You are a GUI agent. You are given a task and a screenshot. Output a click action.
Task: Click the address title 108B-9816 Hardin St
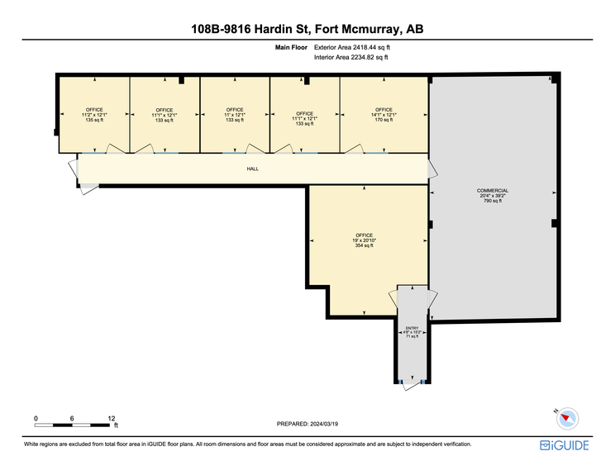pos(307,31)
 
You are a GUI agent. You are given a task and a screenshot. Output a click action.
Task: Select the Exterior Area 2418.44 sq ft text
pos(353,49)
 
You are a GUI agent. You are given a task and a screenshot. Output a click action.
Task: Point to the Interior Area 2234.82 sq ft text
pos(352,58)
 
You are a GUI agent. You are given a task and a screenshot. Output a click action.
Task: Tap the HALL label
pos(253,169)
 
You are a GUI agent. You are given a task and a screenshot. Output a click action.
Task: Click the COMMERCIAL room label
pos(493,191)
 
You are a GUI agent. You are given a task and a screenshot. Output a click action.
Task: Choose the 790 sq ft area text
pos(493,201)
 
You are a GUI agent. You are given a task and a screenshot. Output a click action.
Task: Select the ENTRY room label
pos(411,327)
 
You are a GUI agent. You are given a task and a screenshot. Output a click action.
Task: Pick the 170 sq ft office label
pos(384,120)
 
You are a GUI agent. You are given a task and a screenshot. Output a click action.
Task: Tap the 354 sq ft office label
pos(365,245)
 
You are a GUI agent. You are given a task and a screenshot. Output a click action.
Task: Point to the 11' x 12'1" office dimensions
pos(234,115)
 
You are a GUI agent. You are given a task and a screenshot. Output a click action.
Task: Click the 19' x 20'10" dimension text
pos(365,240)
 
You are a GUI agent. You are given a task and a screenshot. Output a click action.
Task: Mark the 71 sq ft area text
pos(411,337)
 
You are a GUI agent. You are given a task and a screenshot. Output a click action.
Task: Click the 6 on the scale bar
pos(73,418)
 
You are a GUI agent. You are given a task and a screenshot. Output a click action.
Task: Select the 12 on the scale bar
pos(111,418)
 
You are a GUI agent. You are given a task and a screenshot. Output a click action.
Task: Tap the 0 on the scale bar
pos(36,418)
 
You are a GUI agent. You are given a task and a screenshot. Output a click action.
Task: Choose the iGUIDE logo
pos(565,445)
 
